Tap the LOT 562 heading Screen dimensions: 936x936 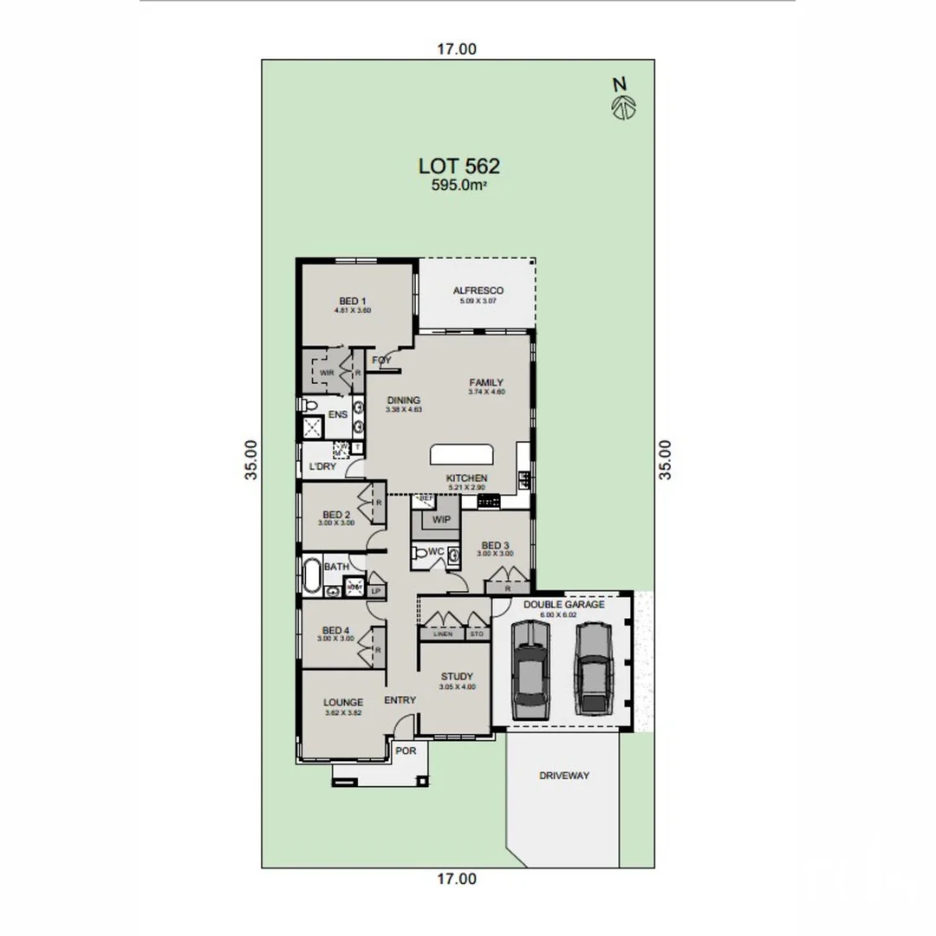459,166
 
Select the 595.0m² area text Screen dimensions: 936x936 459,185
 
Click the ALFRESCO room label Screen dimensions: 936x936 478,290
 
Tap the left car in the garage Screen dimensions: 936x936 530,669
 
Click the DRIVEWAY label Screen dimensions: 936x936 563,776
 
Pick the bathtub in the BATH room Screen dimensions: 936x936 312,573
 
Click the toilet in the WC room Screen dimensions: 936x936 422,553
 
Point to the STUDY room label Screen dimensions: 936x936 456,677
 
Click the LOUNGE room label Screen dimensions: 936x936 343,702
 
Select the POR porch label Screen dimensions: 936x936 406,751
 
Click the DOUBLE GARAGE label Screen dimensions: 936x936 564,604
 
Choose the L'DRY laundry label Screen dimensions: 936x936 322,466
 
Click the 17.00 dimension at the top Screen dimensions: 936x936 456,49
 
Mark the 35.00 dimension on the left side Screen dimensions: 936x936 250,459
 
